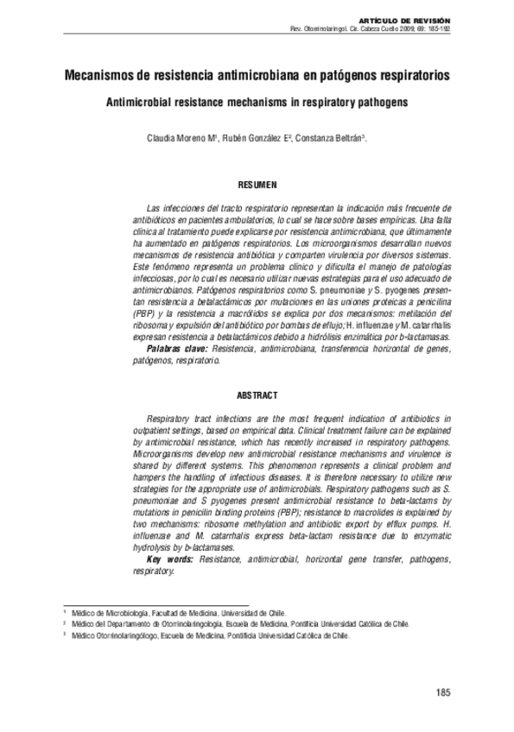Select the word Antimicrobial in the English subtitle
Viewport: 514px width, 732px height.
pyautogui.click(x=136, y=101)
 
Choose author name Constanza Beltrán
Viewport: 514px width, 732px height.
pyautogui.click(x=327, y=138)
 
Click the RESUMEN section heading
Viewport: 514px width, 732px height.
pyautogui.click(x=257, y=185)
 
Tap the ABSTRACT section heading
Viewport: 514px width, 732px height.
pyautogui.click(x=257, y=395)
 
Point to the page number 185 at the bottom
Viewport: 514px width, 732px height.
pyautogui.click(x=444, y=692)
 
